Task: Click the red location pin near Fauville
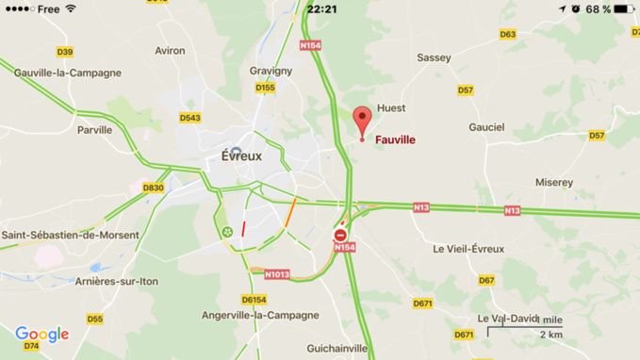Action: [x=361, y=122]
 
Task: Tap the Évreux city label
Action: [x=241, y=156]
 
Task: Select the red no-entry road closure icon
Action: [x=340, y=235]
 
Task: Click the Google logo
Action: [x=41, y=335]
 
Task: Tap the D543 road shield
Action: [x=189, y=118]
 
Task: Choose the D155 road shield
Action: [x=265, y=89]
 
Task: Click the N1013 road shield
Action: [x=277, y=275]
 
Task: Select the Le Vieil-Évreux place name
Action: [x=468, y=250]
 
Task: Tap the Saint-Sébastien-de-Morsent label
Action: [x=70, y=236]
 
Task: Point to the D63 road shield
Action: [x=507, y=35]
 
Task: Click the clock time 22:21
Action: [x=322, y=9]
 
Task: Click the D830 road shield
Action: [x=153, y=188]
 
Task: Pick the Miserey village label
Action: [x=554, y=183]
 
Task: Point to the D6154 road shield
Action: [x=254, y=300]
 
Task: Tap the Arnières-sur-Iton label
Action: [x=117, y=282]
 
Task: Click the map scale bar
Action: [x=524, y=329]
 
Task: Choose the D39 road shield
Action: [x=65, y=53]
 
